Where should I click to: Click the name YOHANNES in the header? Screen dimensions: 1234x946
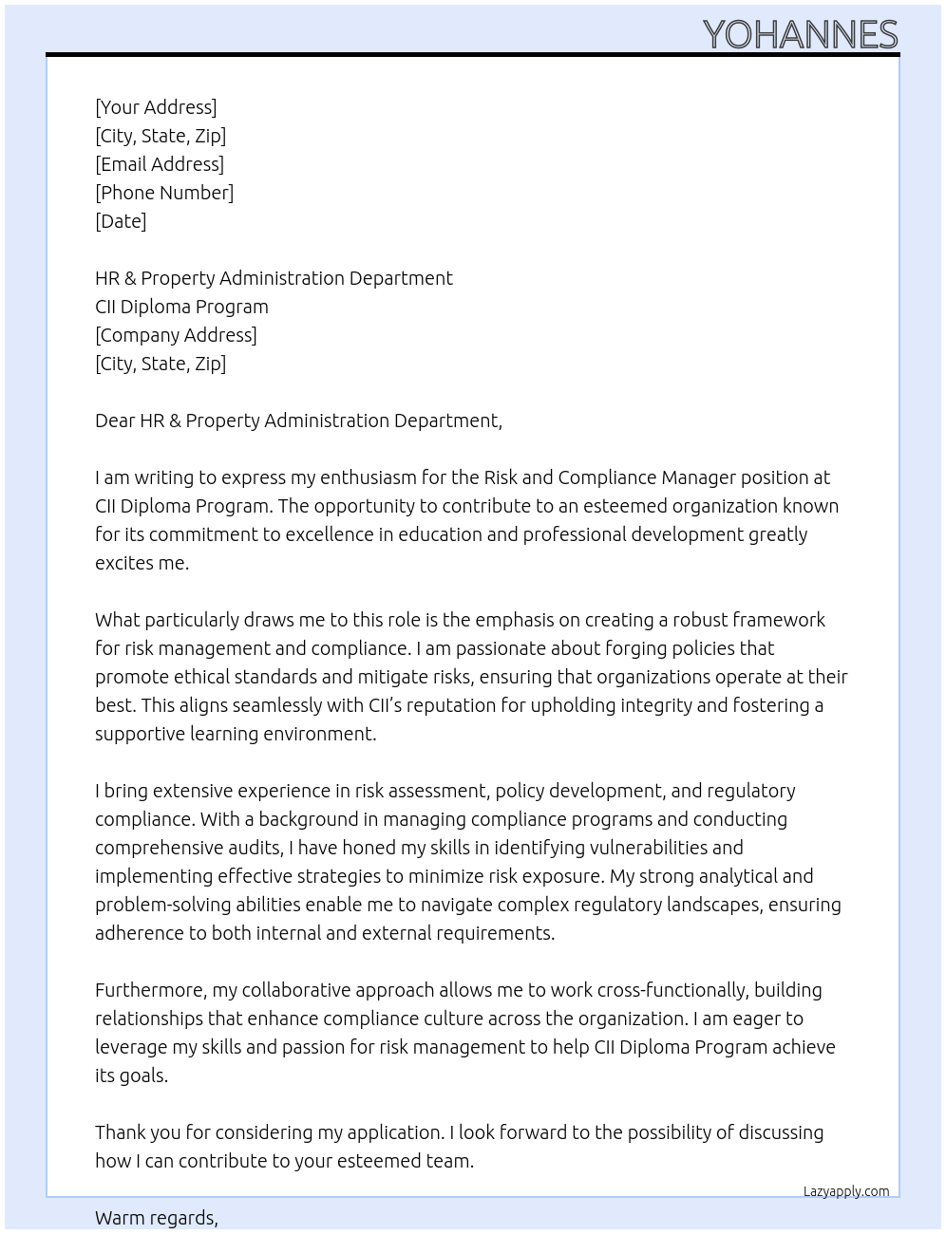(x=800, y=34)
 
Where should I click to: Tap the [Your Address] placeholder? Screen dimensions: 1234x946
(x=156, y=107)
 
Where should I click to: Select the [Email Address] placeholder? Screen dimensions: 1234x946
(x=160, y=164)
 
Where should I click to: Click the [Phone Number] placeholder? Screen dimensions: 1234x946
(x=164, y=193)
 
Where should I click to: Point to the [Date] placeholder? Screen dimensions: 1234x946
(x=121, y=221)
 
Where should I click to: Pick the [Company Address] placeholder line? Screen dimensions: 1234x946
(x=176, y=335)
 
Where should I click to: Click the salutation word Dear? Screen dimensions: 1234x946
(x=115, y=421)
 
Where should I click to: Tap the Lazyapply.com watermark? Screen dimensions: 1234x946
(x=846, y=1191)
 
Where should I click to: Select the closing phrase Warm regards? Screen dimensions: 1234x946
(x=156, y=1218)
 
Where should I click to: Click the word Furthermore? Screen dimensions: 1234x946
(x=151, y=990)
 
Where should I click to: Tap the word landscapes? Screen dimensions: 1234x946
(x=713, y=905)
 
